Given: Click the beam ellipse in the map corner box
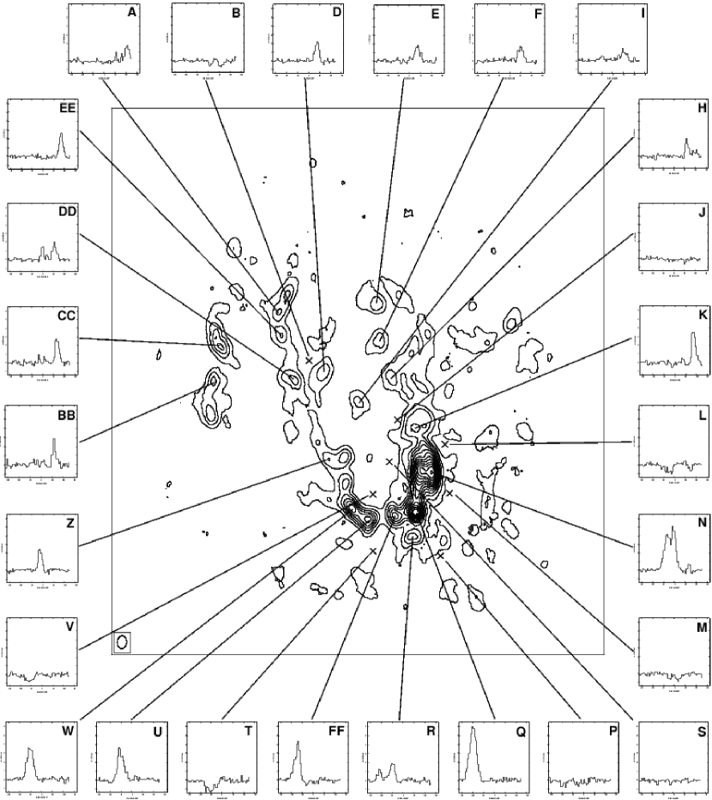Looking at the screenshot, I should (x=123, y=641).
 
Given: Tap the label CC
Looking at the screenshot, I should (x=67, y=316).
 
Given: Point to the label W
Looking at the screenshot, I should (x=67, y=731).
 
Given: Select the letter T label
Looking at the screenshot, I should (x=248, y=731).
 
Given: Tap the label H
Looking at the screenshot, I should (x=702, y=108).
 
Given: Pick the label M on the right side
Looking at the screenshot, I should (x=701, y=627).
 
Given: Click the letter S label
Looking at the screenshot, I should (x=702, y=731).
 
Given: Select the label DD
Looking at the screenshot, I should (x=67, y=212).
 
